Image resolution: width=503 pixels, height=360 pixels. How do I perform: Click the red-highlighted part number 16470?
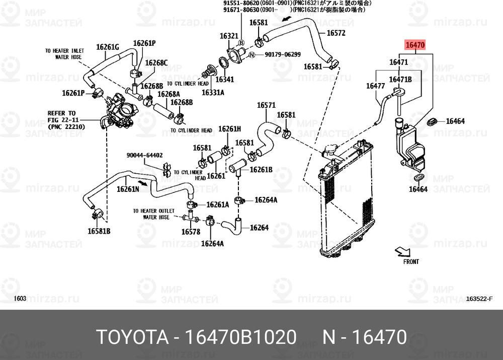tap(415, 45)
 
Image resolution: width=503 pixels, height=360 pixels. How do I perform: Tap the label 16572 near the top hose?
tap(336, 33)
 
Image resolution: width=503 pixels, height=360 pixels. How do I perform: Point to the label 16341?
tap(225, 80)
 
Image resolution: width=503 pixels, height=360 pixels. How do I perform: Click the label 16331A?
tap(213, 93)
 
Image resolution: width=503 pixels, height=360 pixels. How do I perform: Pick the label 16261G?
tap(107, 47)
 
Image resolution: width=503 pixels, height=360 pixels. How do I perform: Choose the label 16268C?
tap(156, 63)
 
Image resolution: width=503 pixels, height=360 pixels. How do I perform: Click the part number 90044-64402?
tap(144, 155)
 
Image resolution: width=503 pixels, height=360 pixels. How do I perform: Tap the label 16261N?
tap(128, 189)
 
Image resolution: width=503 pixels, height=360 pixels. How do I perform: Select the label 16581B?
tap(99, 231)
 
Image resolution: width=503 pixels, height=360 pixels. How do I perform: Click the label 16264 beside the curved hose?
tap(259, 228)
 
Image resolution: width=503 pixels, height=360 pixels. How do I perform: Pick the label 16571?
tap(266, 105)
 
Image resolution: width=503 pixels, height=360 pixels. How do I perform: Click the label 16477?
tap(375, 86)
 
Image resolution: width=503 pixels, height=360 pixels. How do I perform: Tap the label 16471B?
tap(401, 80)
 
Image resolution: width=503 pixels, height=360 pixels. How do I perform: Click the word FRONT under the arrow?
tap(410, 262)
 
